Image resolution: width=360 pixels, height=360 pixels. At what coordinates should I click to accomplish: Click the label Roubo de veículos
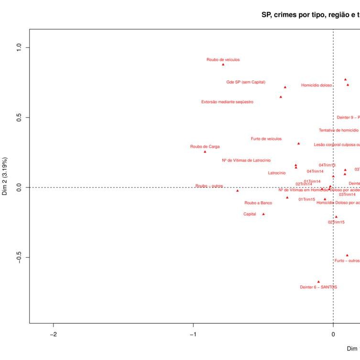point(223,60)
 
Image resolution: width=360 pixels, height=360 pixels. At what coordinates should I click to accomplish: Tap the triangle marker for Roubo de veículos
point(223,64)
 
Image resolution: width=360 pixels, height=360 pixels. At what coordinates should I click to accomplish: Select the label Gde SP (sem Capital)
point(246,82)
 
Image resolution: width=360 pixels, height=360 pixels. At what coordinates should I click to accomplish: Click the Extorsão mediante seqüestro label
point(227,102)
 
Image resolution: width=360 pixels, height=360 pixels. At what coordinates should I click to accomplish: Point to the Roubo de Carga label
point(205,147)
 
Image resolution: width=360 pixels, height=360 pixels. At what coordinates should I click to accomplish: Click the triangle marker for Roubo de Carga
point(205,152)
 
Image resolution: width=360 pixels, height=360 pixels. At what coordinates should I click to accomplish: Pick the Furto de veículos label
point(266,139)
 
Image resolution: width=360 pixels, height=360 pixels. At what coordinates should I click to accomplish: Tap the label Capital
point(250,214)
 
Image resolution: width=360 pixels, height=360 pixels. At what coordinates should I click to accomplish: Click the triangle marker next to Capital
point(263,214)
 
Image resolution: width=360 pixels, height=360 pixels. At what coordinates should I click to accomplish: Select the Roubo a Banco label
point(258,203)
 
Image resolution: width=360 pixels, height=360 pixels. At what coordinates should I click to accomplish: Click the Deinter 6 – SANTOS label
point(318,287)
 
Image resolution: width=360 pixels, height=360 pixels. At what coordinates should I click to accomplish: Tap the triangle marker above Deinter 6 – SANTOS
point(318,282)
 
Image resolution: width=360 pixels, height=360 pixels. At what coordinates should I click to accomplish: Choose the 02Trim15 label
point(336,222)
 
